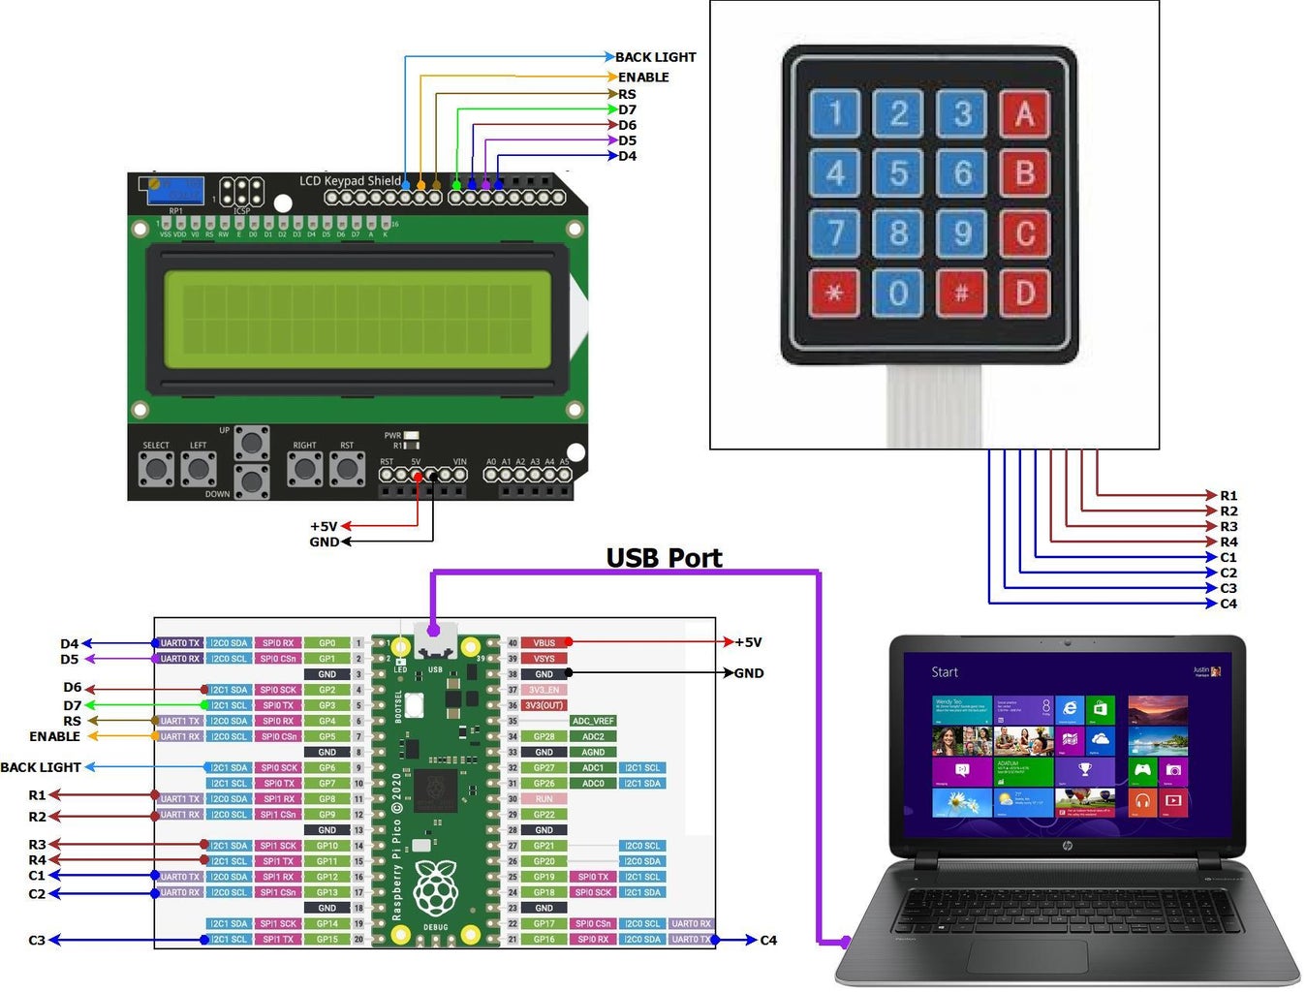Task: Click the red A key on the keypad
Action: tap(1024, 114)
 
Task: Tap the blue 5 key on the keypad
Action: tap(898, 174)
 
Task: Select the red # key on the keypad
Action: tap(961, 293)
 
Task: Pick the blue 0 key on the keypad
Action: tap(898, 293)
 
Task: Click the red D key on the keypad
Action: tap(1024, 293)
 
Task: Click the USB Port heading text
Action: tap(664, 558)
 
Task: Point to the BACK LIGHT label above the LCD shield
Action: tap(655, 57)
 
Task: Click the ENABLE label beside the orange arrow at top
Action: tap(643, 77)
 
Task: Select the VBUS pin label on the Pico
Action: tap(544, 642)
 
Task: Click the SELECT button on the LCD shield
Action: tap(156, 469)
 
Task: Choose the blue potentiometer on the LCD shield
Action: tap(175, 190)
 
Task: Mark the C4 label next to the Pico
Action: tap(768, 940)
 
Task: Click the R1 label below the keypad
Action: tap(1228, 495)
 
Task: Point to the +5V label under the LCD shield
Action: tap(324, 526)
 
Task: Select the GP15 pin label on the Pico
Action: tap(327, 939)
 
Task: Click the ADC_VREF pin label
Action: tap(593, 721)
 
